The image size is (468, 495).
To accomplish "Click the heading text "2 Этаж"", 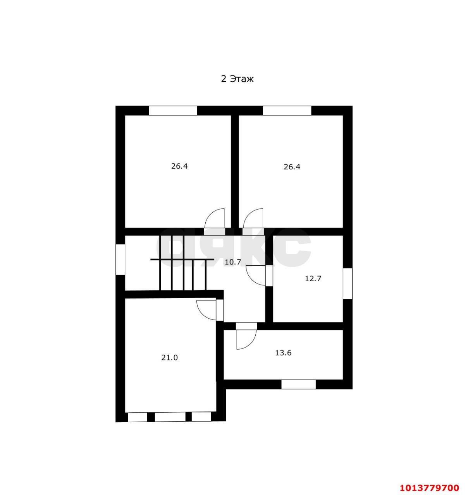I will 237,79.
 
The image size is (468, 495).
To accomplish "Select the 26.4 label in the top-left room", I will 179,166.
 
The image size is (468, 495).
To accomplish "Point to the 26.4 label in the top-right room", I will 292,167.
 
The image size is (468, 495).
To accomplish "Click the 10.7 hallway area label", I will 233,262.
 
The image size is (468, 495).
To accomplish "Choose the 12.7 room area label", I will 313,278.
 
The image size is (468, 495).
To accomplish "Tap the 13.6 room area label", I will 283,353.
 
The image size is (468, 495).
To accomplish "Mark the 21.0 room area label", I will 169,358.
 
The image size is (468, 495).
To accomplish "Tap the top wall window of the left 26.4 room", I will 173,111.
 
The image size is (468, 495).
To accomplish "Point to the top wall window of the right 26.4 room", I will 287,111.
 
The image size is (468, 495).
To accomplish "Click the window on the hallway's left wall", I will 120,259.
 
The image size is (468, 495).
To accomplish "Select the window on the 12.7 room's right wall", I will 348,283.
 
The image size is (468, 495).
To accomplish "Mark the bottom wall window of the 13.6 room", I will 298,384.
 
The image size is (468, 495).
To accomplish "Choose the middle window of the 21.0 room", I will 170,417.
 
